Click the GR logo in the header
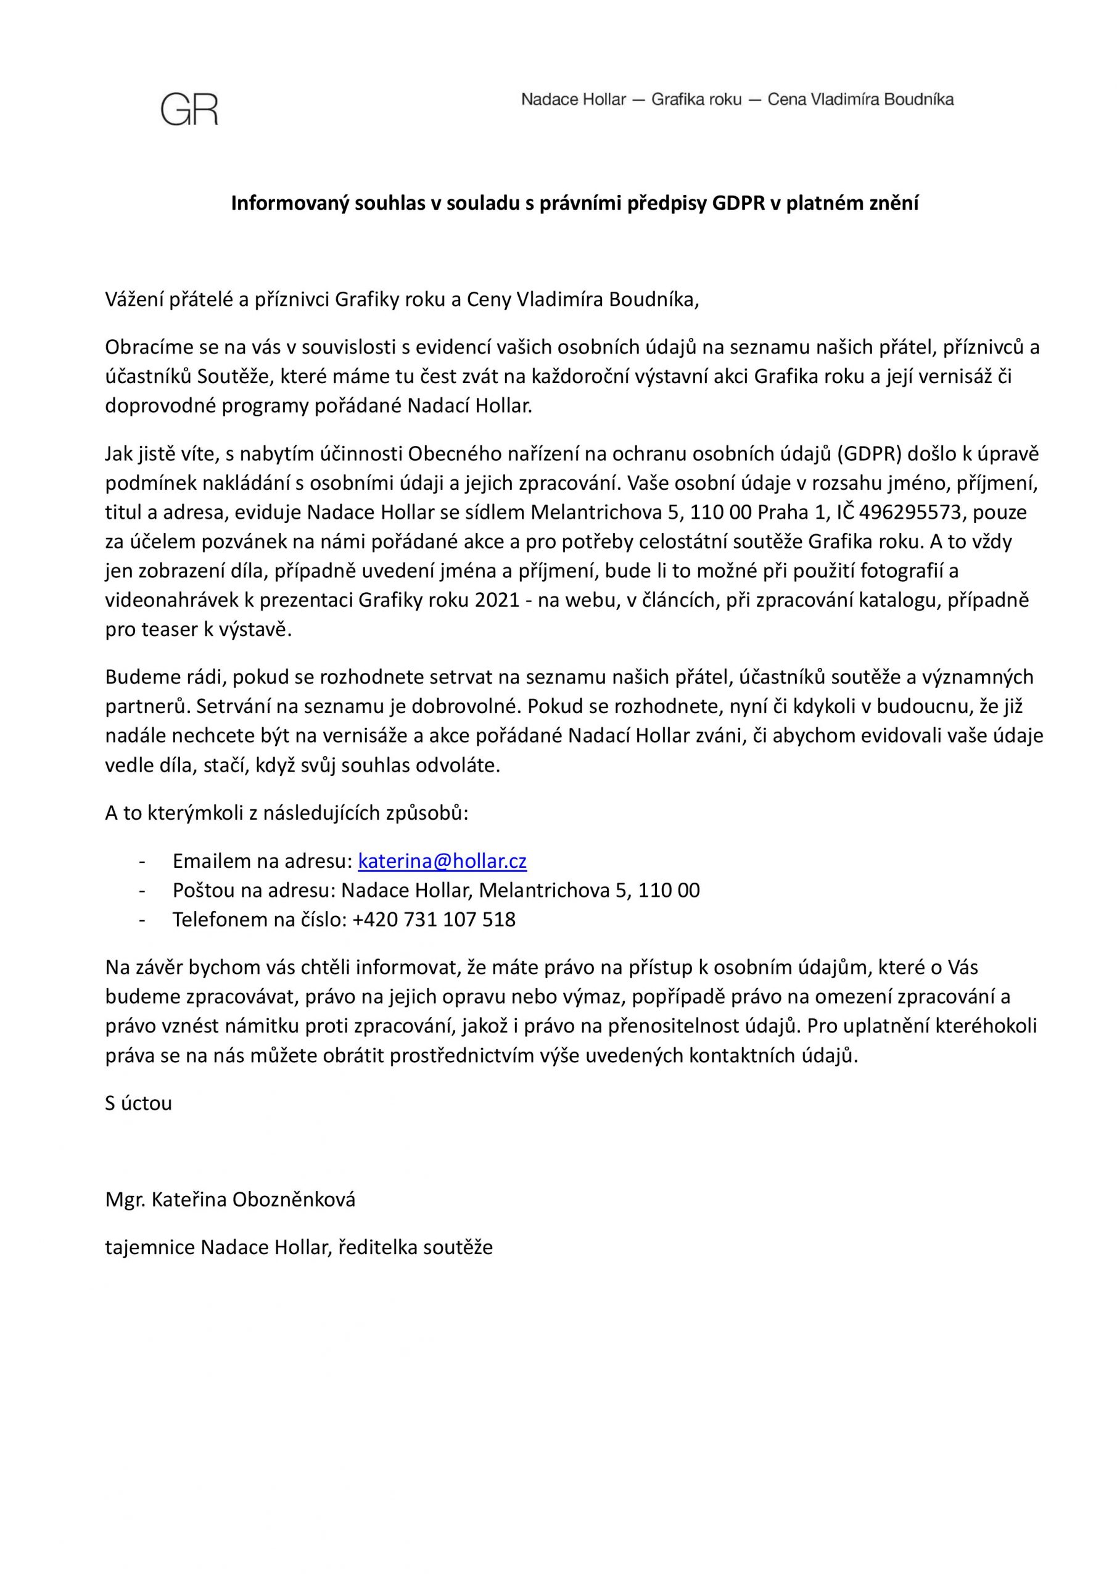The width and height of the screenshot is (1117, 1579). point(189,109)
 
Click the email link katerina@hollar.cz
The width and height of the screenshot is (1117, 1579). point(442,861)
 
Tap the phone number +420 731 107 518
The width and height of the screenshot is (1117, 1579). point(434,920)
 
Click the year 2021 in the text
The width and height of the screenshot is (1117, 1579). point(497,600)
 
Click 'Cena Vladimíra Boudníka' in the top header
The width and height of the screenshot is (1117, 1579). point(860,100)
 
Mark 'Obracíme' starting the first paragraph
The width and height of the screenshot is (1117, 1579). point(144,347)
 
